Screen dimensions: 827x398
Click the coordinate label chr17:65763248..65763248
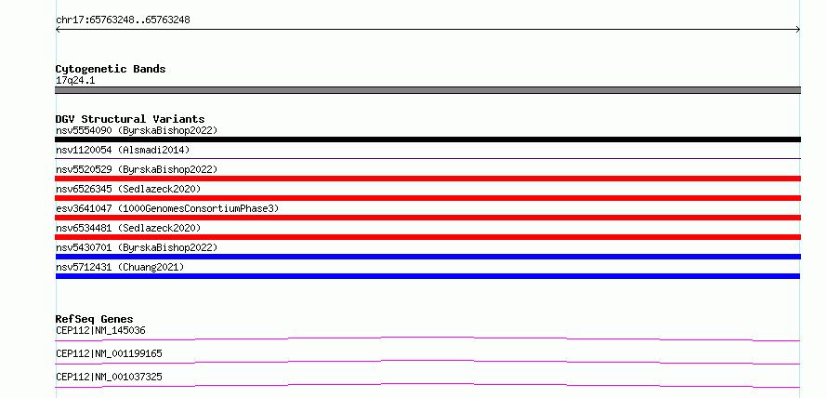[123, 20]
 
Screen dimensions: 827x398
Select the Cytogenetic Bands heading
[111, 69]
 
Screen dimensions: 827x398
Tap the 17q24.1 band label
[75, 81]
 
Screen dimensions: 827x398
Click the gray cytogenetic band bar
[427, 90]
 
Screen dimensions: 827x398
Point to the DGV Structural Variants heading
[130, 119]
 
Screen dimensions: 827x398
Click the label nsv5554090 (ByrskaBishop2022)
[137, 130]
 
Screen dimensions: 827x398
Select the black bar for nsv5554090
[427, 139]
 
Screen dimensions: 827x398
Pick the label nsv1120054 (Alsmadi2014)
[123, 150]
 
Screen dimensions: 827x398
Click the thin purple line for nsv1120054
[427, 158]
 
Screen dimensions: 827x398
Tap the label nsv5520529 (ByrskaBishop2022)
[137, 169]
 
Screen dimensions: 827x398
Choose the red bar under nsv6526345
[427, 198]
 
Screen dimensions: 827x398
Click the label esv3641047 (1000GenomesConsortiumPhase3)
[167, 208]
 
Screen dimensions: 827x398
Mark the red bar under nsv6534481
[427, 237]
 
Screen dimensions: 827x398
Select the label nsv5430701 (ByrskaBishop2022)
[137, 247]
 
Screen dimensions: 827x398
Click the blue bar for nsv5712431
[427, 276]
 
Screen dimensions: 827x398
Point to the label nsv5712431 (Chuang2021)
[120, 267]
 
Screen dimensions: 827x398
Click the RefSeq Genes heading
[95, 319]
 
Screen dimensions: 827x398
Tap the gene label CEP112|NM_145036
[100, 330]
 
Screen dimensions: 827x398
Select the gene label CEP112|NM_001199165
[109, 353]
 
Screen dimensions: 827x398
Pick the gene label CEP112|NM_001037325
[109, 377]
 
